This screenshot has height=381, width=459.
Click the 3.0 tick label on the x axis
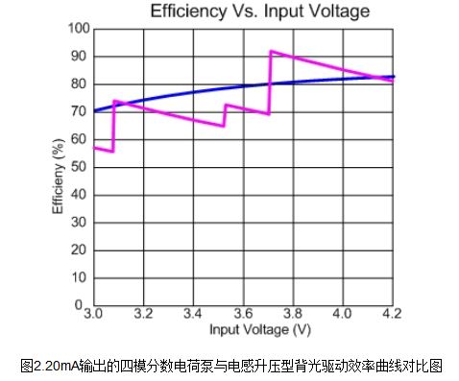coord(93,315)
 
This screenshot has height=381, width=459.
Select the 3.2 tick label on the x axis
coord(143,315)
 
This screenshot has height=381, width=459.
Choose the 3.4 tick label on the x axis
coord(193,315)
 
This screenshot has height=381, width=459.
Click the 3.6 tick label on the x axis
coord(243,315)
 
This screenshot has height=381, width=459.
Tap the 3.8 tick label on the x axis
coord(293,315)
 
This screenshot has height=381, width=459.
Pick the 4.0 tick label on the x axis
coord(343,315)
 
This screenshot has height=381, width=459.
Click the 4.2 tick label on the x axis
coord(392,315)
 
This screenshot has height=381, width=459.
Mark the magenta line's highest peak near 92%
coord(272,51)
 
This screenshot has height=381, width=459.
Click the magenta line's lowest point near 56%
coord(112,152)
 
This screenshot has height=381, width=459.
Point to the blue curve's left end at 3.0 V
coord(94,110)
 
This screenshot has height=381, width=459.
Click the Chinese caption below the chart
coord(230,365)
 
